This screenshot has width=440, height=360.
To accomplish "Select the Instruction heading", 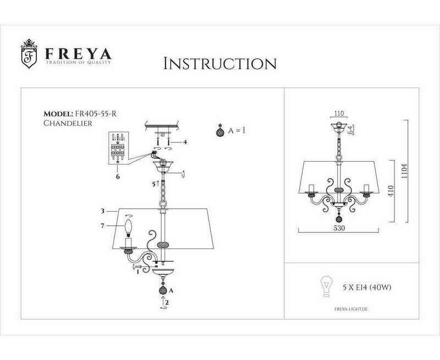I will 220,63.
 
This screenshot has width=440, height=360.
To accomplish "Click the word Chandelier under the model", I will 67,124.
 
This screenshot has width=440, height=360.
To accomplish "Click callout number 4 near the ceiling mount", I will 185,143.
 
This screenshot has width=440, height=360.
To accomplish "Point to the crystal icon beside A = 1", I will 219,132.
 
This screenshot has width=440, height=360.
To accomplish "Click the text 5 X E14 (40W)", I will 363,287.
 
